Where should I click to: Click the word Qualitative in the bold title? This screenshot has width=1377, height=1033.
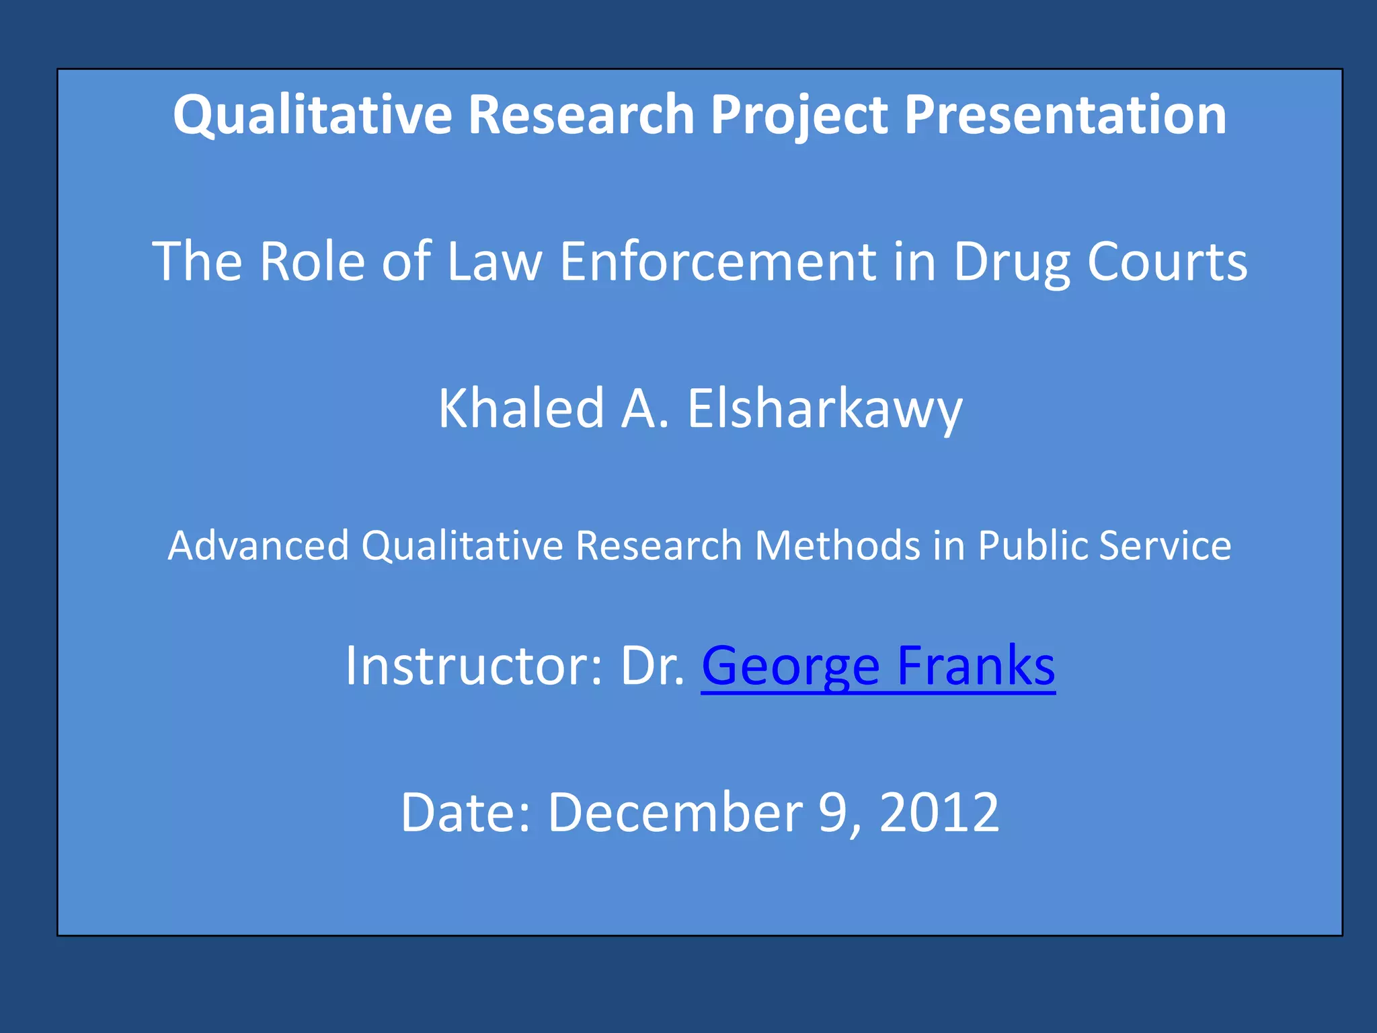click(x=312, y=115)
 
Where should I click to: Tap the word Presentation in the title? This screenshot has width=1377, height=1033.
click(x=1065, y=115)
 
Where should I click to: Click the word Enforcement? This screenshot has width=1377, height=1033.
click(x=718, y=261)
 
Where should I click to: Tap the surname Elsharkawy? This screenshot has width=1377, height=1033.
click(x=824, y=408)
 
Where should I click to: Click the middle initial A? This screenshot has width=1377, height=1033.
click(x=645, y=408)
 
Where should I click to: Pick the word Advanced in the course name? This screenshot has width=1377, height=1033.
click(x=258, y=545)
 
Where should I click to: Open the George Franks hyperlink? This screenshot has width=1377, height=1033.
click(x=877, y=666)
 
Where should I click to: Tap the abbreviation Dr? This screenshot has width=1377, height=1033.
click(x=652, y=666)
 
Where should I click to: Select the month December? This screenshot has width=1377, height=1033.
click(x=675, y=812)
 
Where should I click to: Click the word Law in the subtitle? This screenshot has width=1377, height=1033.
click(x=494, y=261)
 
